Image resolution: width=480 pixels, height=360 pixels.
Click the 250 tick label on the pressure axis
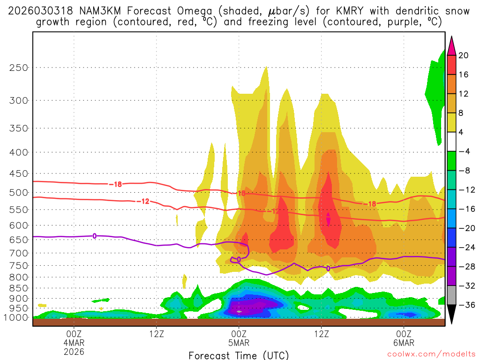(19, 67)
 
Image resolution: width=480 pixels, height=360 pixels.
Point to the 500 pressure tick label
(19, 192)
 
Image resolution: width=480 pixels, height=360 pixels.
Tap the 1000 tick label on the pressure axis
(16, 317)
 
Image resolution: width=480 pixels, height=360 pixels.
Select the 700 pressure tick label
(19, 253)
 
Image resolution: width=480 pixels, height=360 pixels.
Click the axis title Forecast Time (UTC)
(239, 355)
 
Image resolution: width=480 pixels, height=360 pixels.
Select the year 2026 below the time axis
(74, 351)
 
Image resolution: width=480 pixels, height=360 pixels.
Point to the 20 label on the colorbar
(464, 55)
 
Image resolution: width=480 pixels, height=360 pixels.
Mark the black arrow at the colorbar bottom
(451, 315)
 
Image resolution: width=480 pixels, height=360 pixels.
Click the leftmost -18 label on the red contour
(115, 184)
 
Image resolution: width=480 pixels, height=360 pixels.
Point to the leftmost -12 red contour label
(142, 201)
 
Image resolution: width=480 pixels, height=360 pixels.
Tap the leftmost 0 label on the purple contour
(95, 236)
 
